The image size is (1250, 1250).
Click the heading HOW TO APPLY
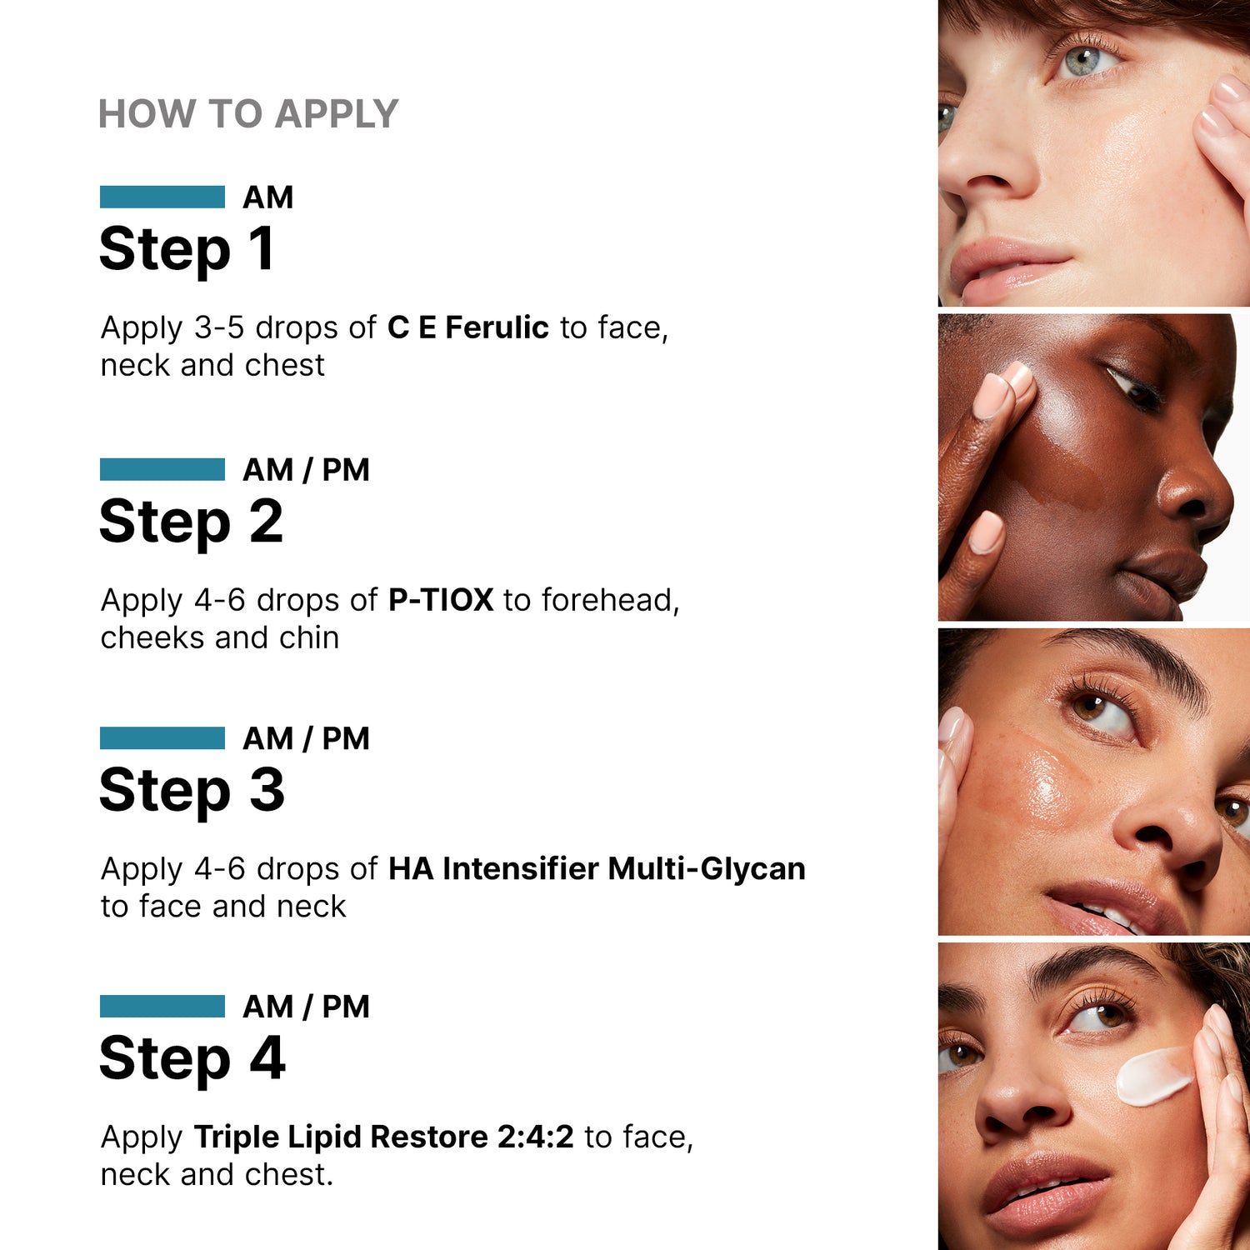pos(248,114)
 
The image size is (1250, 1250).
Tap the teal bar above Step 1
pos(162,197)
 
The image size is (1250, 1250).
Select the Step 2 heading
pos(192,523)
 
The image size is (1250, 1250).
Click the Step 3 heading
pos(192,792)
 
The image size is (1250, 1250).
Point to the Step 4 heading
pos(192,1060)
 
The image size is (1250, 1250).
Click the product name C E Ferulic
pos(467,327)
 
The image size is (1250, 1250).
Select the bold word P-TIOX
pos(441,600)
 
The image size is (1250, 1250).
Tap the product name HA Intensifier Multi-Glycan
pos(597,869)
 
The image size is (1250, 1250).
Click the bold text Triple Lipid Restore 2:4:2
pos(383,1137)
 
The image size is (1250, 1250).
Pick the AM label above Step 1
pos(268,197)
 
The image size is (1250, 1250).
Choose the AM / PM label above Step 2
pos(306,470)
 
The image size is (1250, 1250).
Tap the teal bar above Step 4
pos(162,1007)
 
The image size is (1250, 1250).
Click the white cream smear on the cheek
pos(1154,1075)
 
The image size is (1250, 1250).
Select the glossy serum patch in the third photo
pos(1033,783)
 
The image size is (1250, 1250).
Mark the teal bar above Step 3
pos(162,738)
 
